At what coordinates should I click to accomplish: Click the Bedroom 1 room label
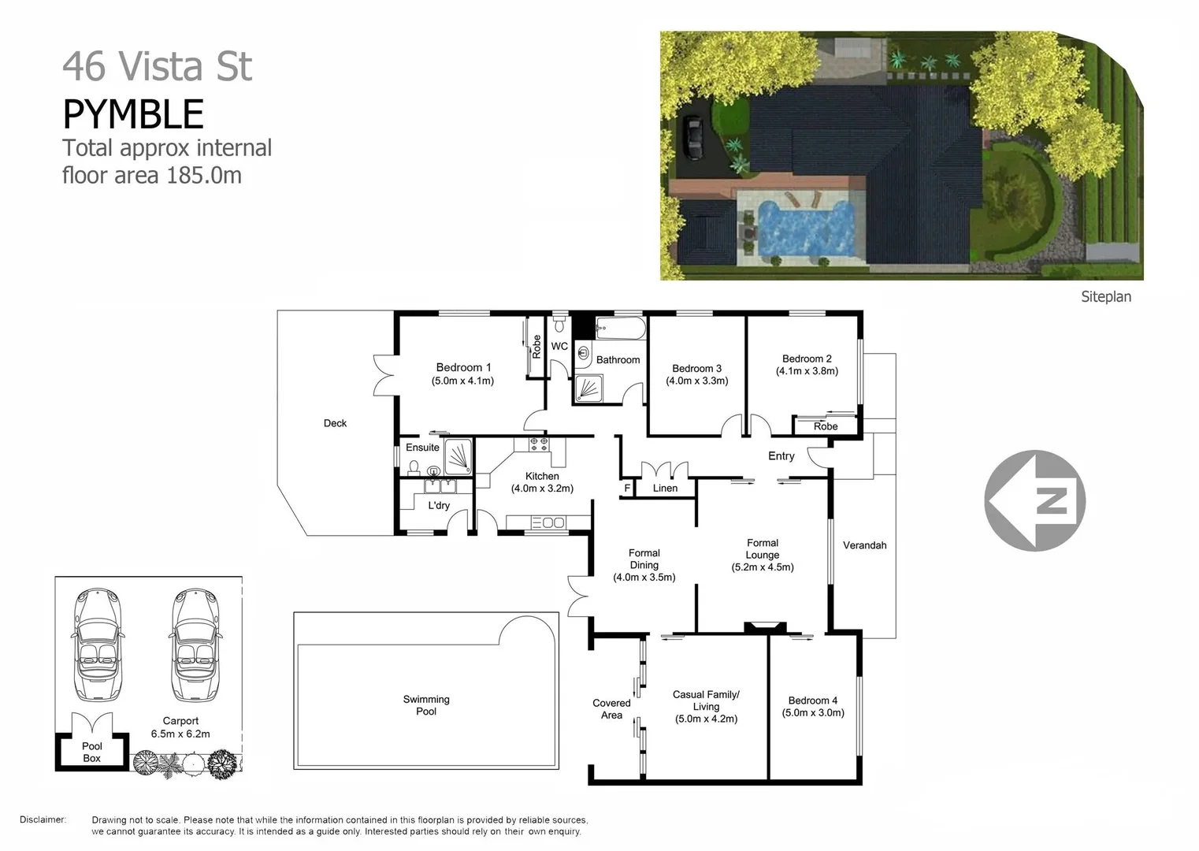(x=463, y=367)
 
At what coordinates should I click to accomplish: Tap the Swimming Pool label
(x=426, y=705)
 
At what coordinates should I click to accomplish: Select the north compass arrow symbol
(x=1034, y=500)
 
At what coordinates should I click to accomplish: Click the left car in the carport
(x=97, y=646)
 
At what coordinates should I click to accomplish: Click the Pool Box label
(x=92, y=752)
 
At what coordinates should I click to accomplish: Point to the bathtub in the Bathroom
(x=621, y=327)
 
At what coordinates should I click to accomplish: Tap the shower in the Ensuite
(x=458, y=456)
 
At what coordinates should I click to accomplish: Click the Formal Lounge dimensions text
(x=763, y=567)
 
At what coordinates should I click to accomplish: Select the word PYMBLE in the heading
(x=133, y=114)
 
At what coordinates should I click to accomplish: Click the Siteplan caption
(x=1105, y=297)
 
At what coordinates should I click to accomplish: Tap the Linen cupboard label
(x=665, y=489)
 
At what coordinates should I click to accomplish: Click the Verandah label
(x=864, y=545)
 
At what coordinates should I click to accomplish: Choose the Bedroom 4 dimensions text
(x=813, y=713)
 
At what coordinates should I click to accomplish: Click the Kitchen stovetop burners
(x=539, y=444)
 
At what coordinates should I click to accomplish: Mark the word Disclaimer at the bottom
(x=43, y=819)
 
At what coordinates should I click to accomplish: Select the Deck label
(x=335, y=423)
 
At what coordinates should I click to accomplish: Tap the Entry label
(x=781, y=456)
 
